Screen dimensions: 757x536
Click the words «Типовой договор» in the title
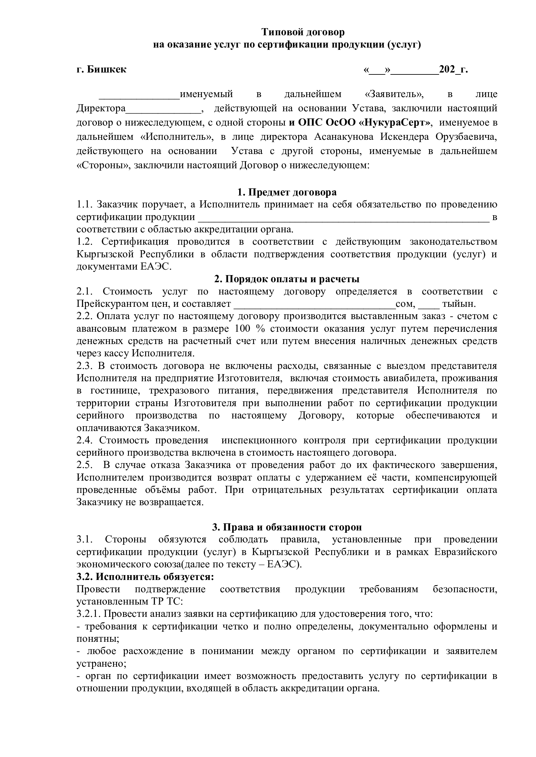click(x=303, y=32)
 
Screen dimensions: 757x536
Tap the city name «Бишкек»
click(x=106, y=70)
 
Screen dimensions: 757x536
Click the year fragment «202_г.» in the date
click(x=453, y=70)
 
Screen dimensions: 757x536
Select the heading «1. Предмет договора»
click(x=287, y=192)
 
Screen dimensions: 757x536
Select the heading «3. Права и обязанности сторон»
click(x=287, y=527)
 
